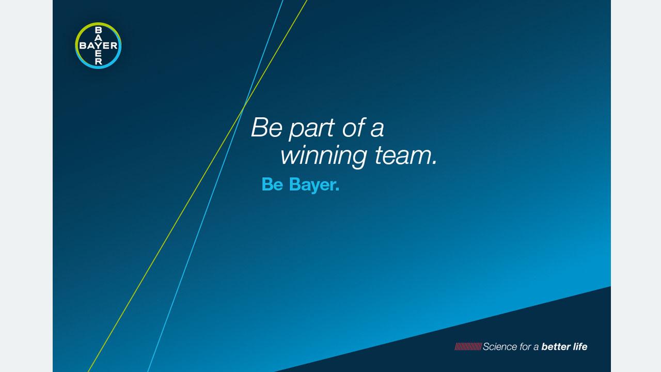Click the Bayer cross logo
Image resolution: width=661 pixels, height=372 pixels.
tap(98, 45)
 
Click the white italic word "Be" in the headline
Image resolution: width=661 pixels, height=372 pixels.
tap(266, 127)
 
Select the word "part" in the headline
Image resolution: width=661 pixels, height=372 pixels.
tap(311, 129)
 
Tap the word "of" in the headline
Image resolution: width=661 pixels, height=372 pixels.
tap(354, 127)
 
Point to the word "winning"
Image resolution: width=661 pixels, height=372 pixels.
tap(324, 156)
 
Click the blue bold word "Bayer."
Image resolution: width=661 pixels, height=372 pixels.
tap(314, 185)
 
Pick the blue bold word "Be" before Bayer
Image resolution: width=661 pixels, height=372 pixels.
tap(272, 184)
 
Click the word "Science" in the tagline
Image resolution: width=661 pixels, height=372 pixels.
tap(500, 347)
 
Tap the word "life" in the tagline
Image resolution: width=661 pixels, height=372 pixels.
tap(580, 347)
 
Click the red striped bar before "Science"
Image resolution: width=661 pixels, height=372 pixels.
tap(468, 347)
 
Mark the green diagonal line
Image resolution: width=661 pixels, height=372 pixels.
tap(197, 186)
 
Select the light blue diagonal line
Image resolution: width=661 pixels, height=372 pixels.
tap(215, 186)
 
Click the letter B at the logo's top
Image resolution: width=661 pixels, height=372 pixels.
tap(98, 30)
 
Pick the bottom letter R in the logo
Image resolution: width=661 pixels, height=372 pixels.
tap(98, 61)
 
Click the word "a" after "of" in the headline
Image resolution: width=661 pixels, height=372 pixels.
tap(377, 130)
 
